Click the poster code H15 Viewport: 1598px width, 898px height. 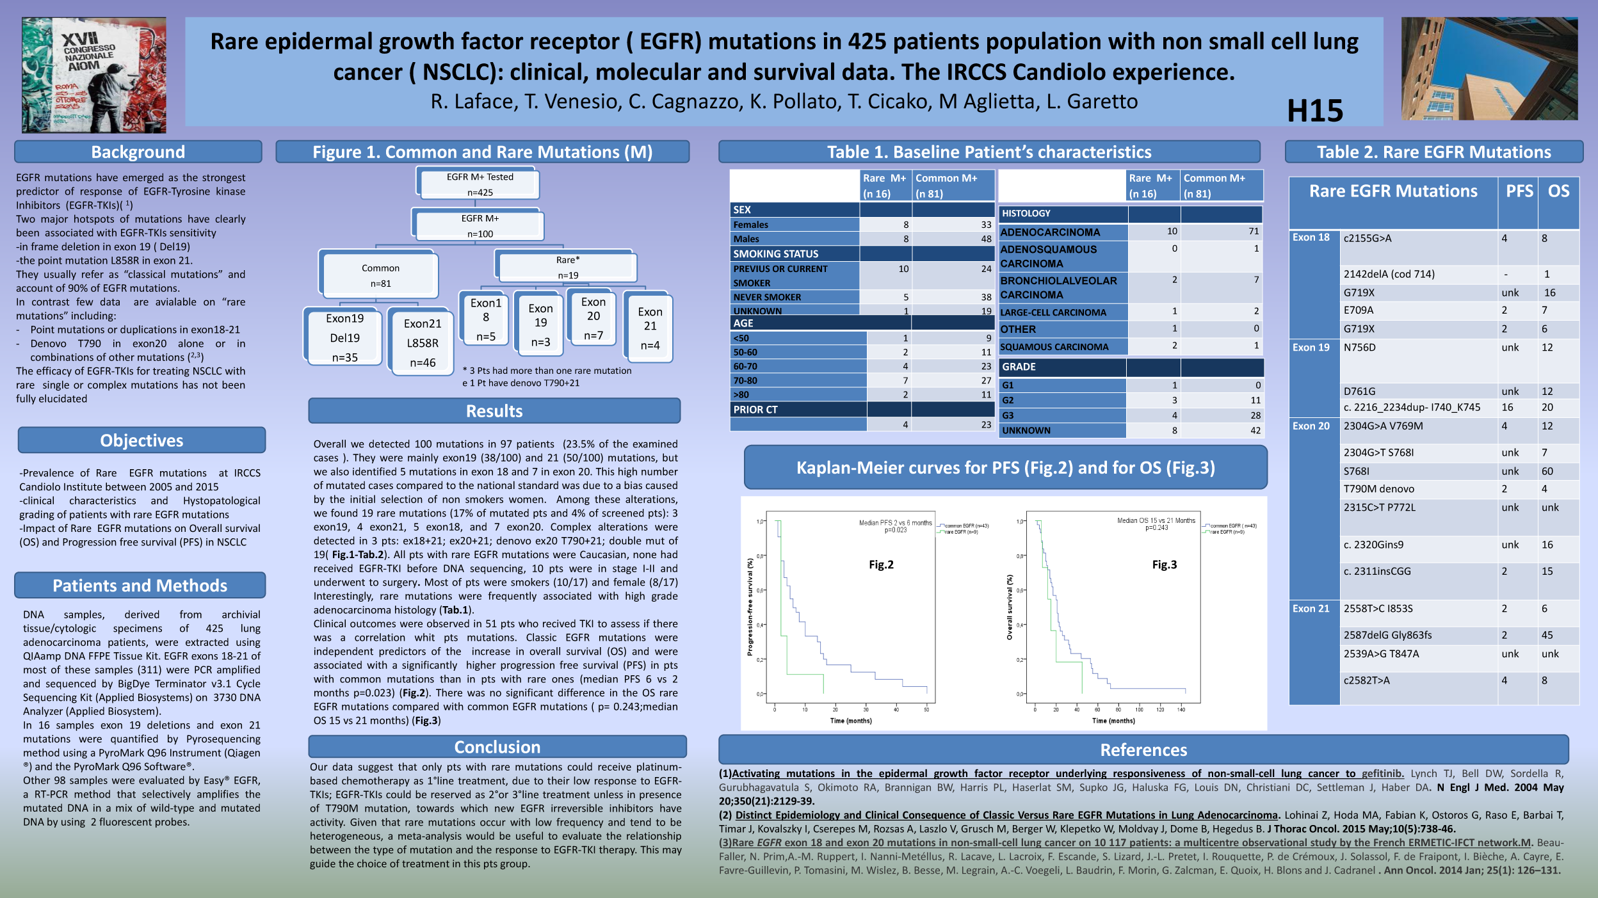pyautogui.click(x=1314, y=111)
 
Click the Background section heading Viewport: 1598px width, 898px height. pyautogui.click(x=138, y=152)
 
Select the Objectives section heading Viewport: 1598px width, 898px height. pyautogui.click(x=141, y=440)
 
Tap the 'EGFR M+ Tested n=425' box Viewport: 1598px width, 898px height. pyautogui.click(x=480, y=184)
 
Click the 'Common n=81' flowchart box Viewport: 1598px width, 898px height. pyautogui.click(x=380, y=276)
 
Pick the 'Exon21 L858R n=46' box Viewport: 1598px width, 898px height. pyautogui.click(x=423, y=343)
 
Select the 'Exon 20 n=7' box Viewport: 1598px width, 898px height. pyautogui.click(x=593, y=318)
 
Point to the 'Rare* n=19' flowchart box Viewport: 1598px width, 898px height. pyautogui.click(x=567, y=268)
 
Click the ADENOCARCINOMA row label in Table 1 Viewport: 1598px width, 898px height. pyautogui.click(x=1050, y=232)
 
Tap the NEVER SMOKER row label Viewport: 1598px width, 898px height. pyautogui.click(x=767, y=297)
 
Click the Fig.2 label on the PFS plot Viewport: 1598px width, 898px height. pyautogui.click(x=881, y=565)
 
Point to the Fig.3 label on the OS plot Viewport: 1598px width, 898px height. pyautogui.click(x=1164, y=565)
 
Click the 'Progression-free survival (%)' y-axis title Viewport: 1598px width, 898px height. pyautogui.click(x=750, y=607)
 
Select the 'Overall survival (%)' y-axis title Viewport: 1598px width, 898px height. pyautogui.click(x=1010, y=607)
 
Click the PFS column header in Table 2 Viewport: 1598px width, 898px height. pyautogui.click(x=1519, y=191)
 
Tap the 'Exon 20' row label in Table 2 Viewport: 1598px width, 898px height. pyautogui.click(x=1311, y=426)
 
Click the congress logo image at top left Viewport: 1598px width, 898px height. pyautogui.click(x=94, y=75)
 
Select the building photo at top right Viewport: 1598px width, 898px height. pyautogui.click(x=1489, y=68)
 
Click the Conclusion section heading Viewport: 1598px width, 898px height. pyautogui.click(x=497, y=747)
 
